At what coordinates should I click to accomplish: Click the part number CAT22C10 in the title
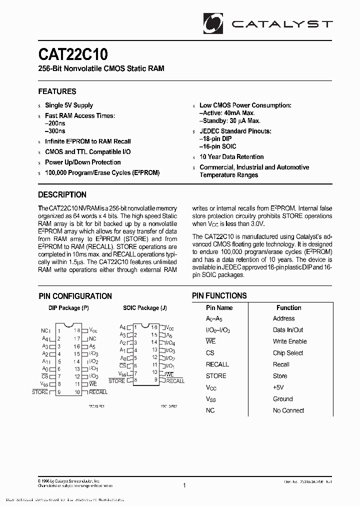(x=73, y=53)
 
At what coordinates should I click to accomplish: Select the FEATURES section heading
(x=57, y=91)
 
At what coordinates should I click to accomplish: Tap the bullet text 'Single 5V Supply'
(x=69, y=105)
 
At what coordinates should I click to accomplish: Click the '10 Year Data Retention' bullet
(x=231, y=157)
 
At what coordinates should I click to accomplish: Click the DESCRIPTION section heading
(x=62, y=195)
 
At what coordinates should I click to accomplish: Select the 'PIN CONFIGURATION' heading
(x=75, y=296)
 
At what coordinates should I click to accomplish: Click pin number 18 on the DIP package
(x=77, y=330)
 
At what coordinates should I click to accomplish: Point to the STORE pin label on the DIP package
(x=40, y=392)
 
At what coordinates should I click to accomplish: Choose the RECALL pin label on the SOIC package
(x=175, y=381)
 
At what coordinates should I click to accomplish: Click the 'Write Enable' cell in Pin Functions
(x=289, y=341)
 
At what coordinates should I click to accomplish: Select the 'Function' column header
(x=288, y=308)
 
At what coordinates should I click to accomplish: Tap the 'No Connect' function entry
(x=288, y=410)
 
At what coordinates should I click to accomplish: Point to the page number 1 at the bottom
(x=184, y=485)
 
